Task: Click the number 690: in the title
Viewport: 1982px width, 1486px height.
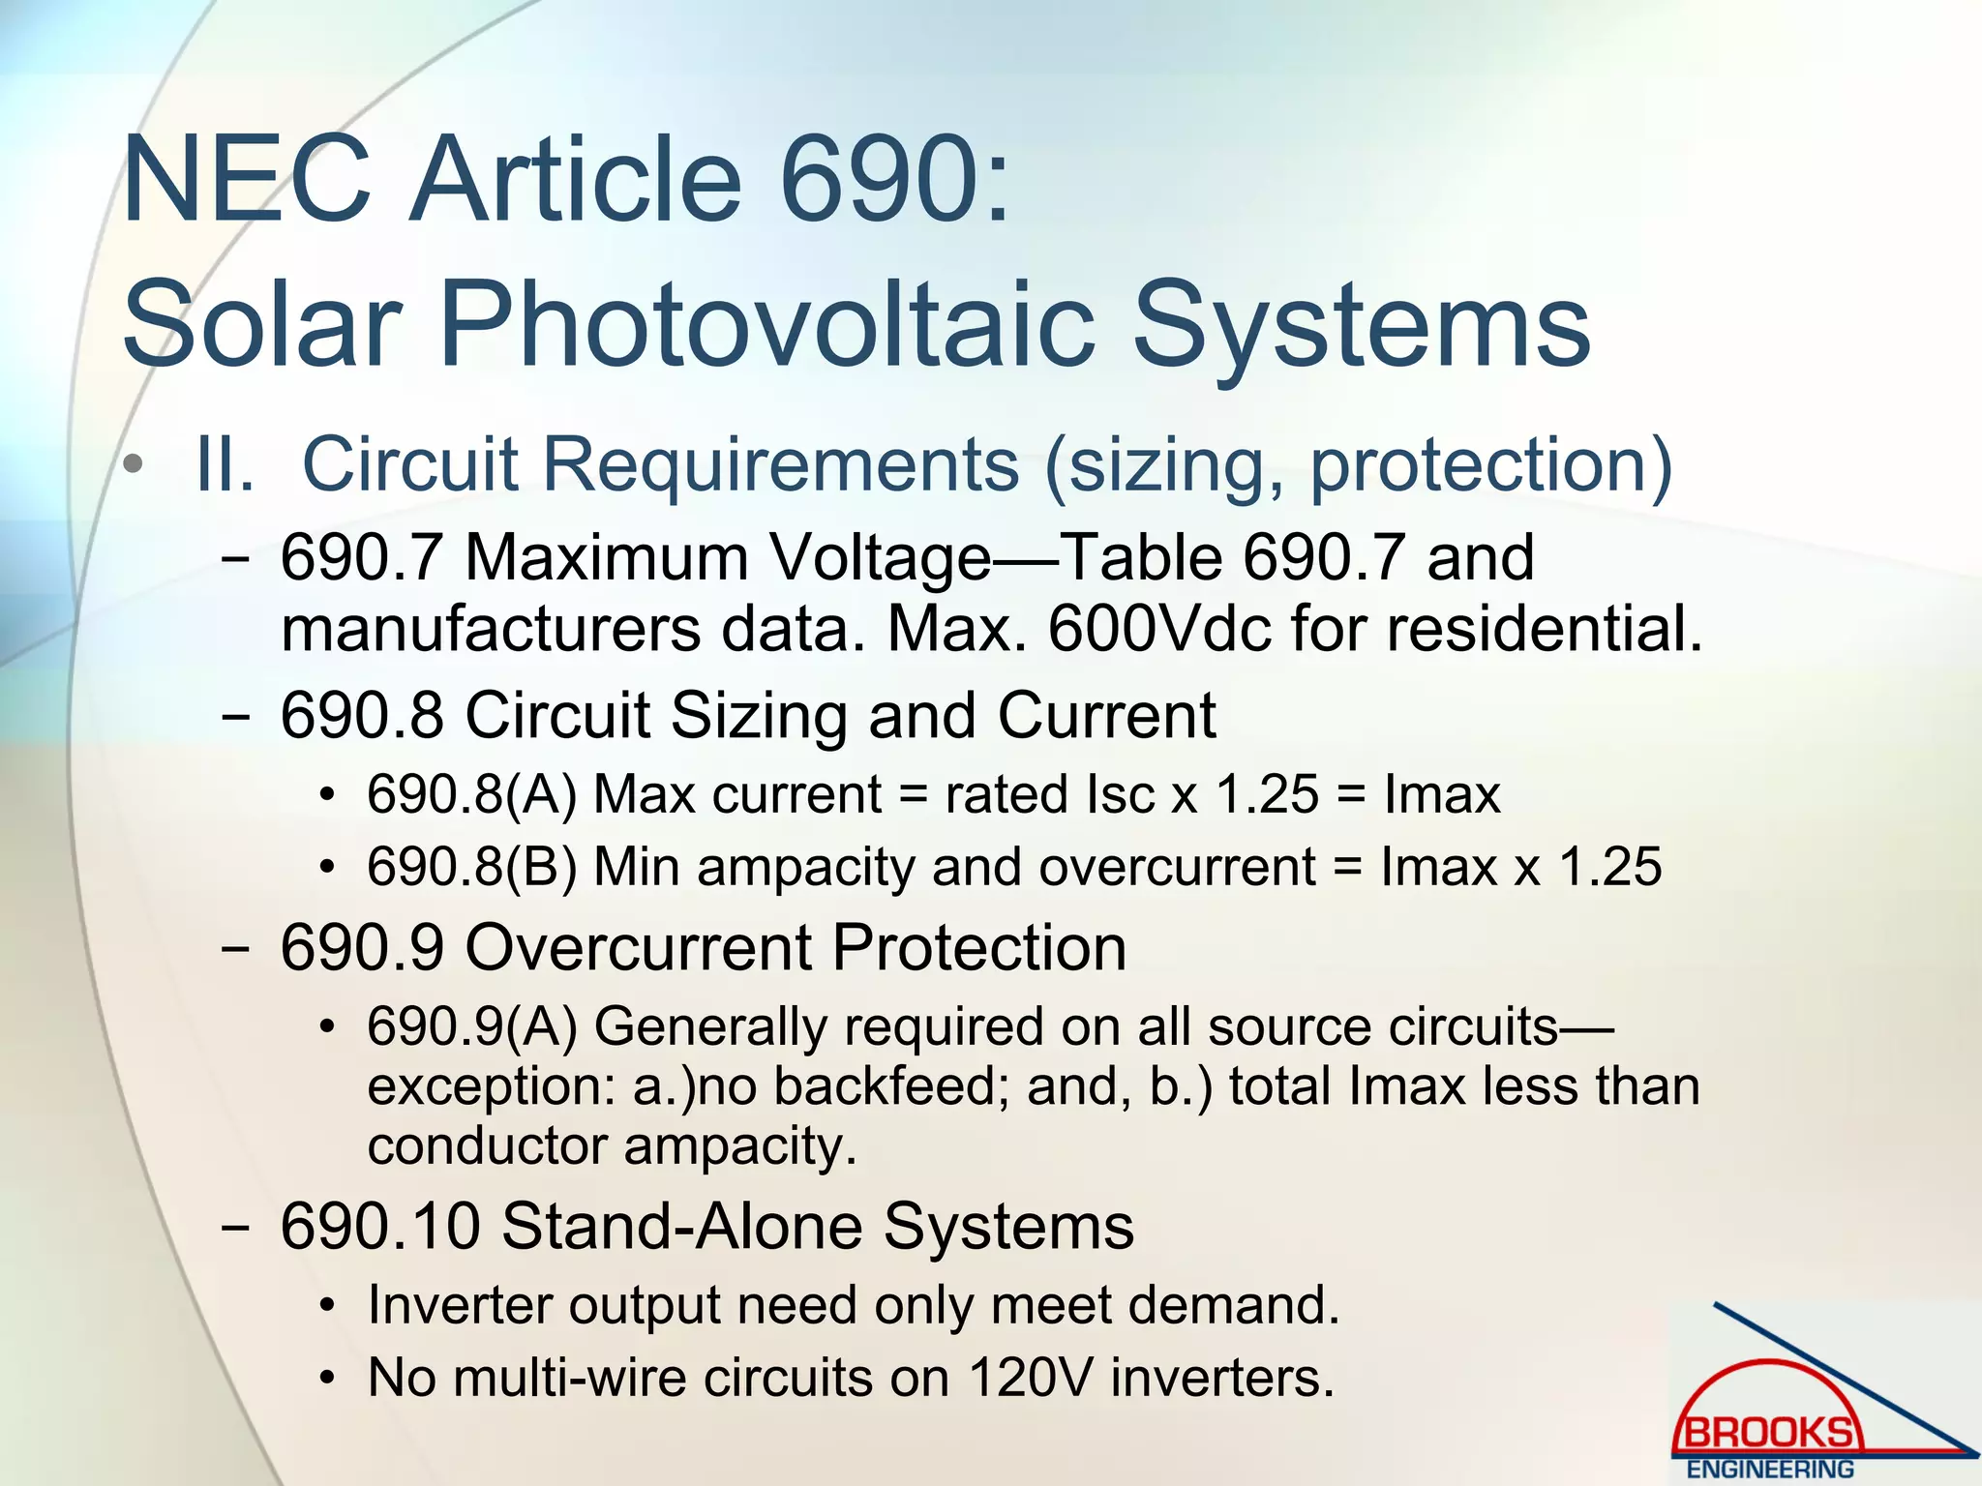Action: [x=895, y=181]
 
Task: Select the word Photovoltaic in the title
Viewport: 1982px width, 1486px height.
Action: [x=767, y=324]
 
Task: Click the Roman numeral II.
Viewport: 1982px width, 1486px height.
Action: [x=225, y=465]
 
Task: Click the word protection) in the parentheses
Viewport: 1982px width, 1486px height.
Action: [x=1490, y=465]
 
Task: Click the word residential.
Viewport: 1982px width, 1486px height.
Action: [x=1544, y=629]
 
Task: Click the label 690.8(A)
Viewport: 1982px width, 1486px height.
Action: [x=471, y=795]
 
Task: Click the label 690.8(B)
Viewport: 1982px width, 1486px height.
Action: [x=471, y=867]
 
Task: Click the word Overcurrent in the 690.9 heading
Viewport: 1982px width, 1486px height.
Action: [x=639, y=947]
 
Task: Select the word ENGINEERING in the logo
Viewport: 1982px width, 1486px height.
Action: [x=1770, y=1470]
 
